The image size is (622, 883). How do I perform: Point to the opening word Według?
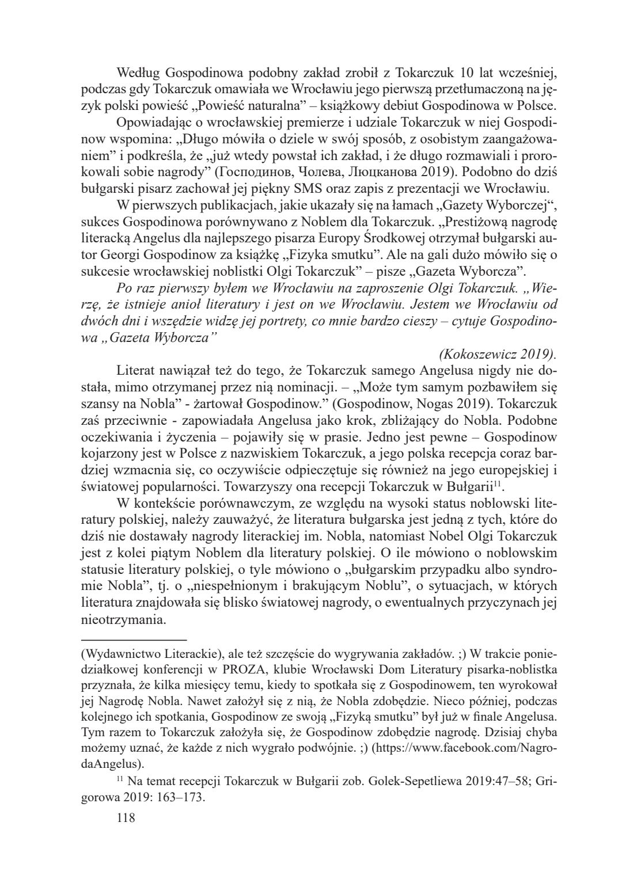click(137, 73)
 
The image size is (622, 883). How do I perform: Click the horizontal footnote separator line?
click(134, 640)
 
